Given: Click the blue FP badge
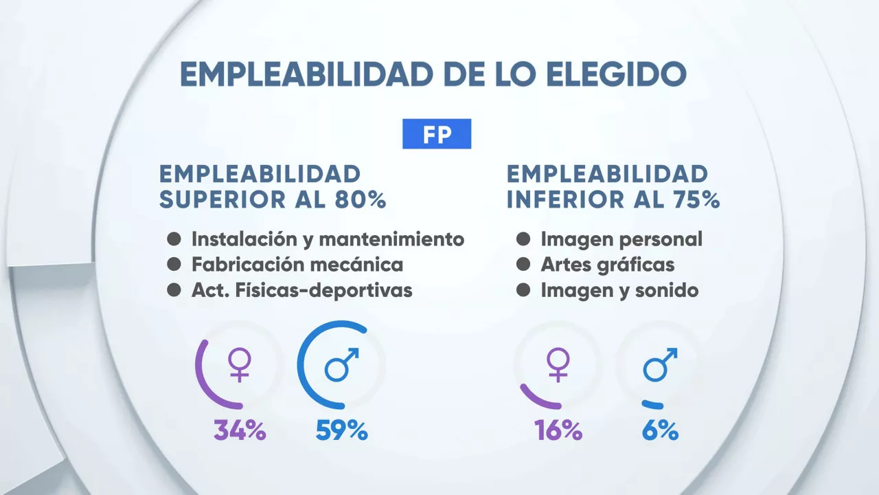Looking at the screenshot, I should coord(437,134).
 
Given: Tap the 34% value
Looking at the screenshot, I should coord(240,431).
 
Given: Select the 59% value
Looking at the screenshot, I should coord(342,431).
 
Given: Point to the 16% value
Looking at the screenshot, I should coord(558,431).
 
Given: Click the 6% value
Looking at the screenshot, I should coord(661,431).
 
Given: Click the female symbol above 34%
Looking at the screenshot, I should coord(240,365).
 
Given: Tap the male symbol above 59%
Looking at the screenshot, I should coord(341,364).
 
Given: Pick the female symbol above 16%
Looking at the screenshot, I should coord(558,365).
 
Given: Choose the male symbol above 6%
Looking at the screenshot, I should coord(660,364).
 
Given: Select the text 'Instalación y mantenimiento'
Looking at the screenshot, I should coord(328,239).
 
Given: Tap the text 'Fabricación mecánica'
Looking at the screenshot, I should coord(297,264).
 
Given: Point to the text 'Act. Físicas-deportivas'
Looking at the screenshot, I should coord(301,289).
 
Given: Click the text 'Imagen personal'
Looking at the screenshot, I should coord(621,239).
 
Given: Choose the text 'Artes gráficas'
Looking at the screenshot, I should coord(608,264).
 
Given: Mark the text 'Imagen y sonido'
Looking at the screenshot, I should coord(619,289).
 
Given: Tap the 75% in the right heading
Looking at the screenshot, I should coord(693,199).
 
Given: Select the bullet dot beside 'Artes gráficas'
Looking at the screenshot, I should coord(523,264).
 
